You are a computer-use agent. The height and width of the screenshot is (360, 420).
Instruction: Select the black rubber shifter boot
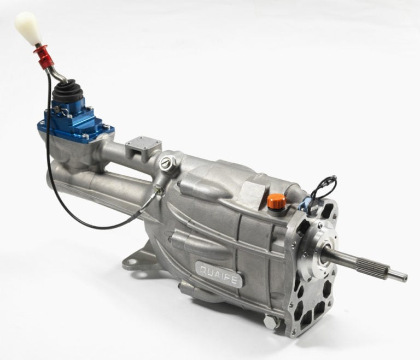click(x=66, y=92)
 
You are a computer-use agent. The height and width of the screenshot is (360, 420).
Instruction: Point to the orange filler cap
click(x=277, y=201)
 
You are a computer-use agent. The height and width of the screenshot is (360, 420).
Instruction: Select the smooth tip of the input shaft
click(x=398, y=276)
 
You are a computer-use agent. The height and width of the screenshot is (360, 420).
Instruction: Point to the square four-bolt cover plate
click(x=144, y=145)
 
